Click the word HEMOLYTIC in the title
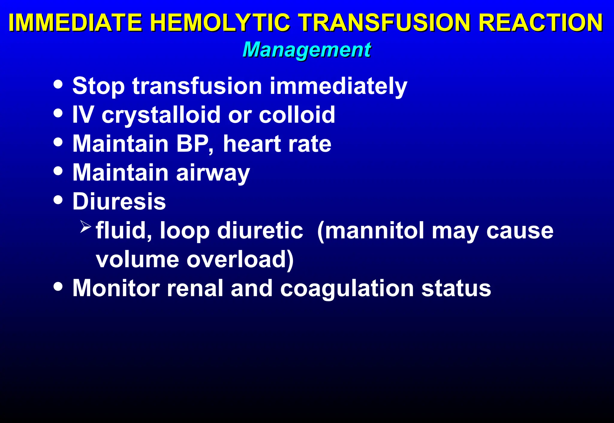click(220, 22)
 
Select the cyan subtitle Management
click(307, 49)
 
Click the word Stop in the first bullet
click(98, 86)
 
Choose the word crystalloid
click(162, 115)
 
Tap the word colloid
click(297, 115)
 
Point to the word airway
click(213, 173)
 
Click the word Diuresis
click(119, 201)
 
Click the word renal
click(195, 288)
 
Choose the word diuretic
click(260, 230)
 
